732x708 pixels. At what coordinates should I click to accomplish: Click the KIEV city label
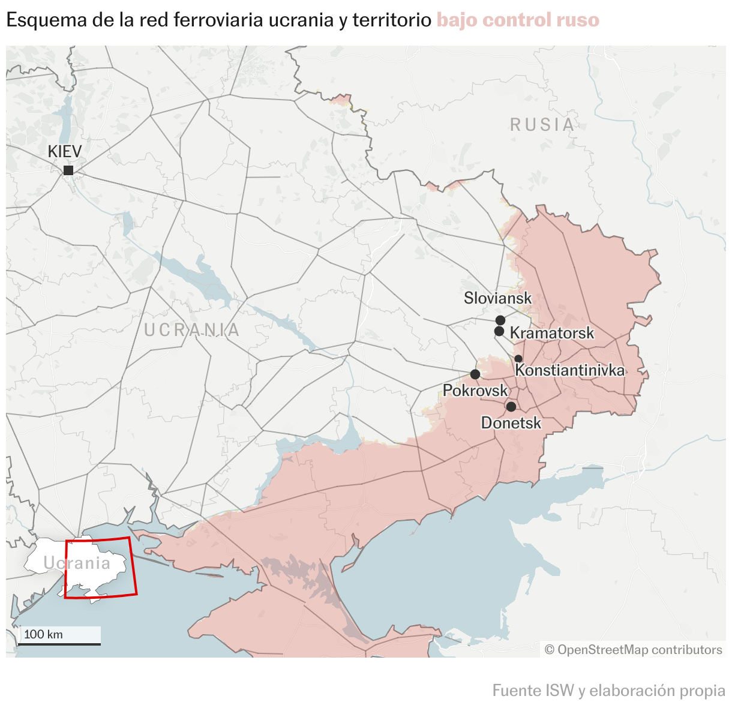pos(65,151)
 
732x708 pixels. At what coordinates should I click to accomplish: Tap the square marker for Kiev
pos(68,170)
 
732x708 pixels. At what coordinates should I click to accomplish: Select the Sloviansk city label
pos(497,298)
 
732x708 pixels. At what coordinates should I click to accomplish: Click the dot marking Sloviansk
pos(500,320)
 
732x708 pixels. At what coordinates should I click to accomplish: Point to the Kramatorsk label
pos(551,333)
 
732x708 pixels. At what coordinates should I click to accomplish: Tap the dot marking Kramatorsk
pos(499,331)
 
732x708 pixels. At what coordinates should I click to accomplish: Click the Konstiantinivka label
pos(569,370)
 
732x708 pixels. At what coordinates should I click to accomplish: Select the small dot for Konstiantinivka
pos(518,359)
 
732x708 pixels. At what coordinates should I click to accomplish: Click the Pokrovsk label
pos(475,391)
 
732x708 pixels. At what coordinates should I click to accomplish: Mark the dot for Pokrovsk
pos(475,374)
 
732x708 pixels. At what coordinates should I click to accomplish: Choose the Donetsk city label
pos(511,423)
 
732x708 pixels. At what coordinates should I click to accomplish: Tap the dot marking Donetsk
pos(511,407)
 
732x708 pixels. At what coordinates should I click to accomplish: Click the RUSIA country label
pos(542,125)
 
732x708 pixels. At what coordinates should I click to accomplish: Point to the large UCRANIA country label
pos(192,330)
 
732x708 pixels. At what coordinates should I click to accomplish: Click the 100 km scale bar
pos(59,643)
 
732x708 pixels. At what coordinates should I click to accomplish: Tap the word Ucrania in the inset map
pos(77,563)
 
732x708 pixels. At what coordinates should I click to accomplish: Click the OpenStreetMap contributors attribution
pos(633,650)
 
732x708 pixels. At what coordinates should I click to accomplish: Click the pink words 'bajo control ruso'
pos(518,20)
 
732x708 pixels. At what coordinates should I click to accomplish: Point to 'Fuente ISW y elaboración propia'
pos(608,691)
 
